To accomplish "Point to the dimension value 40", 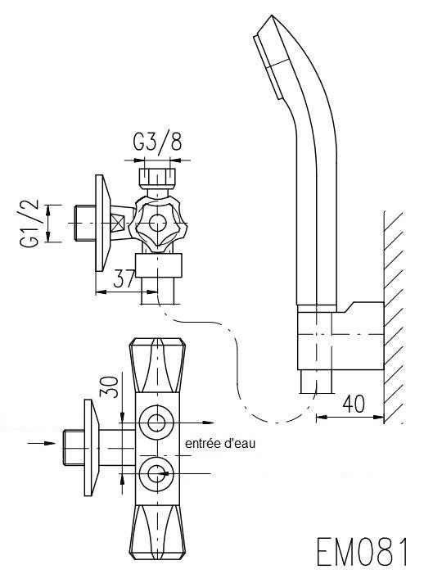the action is point(354,405).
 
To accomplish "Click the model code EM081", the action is point(363,553).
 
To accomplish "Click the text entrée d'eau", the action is point(220,444).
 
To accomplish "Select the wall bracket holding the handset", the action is point(341,336).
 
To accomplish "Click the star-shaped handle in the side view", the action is point(158,223).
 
